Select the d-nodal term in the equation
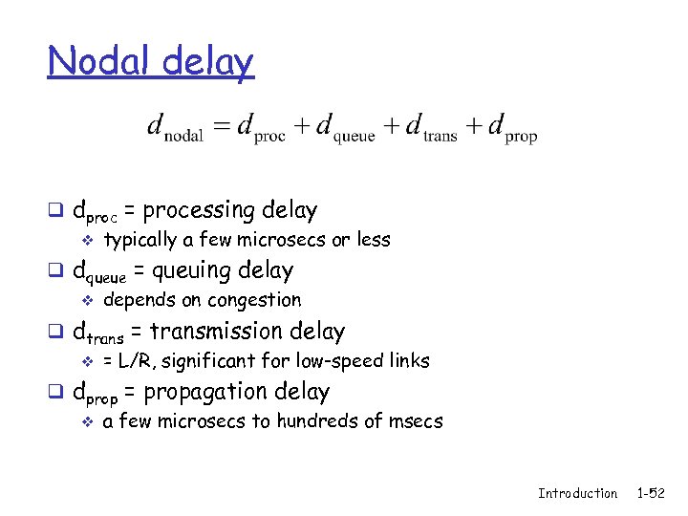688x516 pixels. tap(175, 127)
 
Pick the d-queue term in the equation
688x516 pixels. tap(345, 127)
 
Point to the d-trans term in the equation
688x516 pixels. tap(431, 127)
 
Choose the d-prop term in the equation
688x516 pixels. tap(512, 127)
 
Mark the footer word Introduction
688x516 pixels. tap(577, 493)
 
